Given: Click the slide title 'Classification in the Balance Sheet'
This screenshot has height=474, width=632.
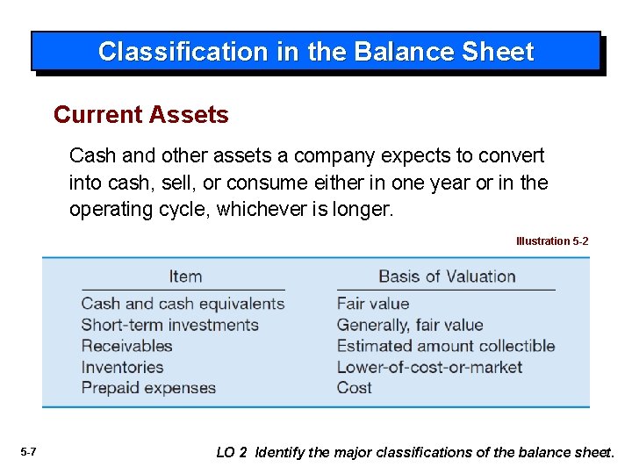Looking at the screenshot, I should click(x=315, y=52).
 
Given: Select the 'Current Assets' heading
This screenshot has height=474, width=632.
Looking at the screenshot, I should click(x=140, y=115).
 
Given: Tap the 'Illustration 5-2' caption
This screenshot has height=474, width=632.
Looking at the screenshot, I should click(x=552, y=241).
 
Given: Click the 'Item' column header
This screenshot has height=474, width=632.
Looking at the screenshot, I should click(x=185, y=276).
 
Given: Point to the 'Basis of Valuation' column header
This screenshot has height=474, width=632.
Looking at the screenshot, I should click(x=447, y=276).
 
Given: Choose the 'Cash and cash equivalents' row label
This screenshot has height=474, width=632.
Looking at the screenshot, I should click(x=183, y=304).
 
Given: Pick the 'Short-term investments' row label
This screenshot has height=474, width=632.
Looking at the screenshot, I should click(x=169, y=325).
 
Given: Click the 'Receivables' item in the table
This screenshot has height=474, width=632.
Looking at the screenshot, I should click(x=126, y=346).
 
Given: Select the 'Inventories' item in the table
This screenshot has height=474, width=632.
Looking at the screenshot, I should click(x=122, y=367).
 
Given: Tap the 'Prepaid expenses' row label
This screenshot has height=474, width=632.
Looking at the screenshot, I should click(x=148, y=388).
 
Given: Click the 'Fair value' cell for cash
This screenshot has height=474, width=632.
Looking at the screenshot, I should click(x=373, y=304).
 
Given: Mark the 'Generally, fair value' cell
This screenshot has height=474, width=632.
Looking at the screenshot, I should click(x=410, y=325).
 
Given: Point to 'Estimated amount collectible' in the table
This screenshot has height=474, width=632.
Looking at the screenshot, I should click(x=446, y=346).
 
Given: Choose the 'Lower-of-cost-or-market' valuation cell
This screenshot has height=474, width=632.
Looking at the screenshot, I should click(x=429, y=367).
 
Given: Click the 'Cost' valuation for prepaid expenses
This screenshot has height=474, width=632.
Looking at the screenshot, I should click(x=355, y=388).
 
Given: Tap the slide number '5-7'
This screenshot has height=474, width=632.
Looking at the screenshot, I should click(x=28, y=452).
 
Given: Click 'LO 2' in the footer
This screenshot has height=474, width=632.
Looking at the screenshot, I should click(x=232, y=453).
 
